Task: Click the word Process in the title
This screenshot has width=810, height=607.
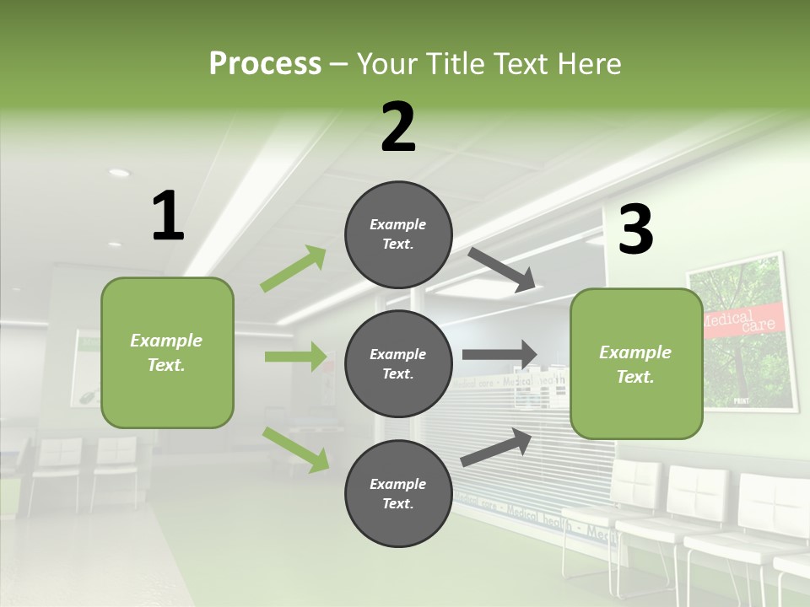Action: click(265, 63)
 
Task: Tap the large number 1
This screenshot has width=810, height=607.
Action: click(168, 217)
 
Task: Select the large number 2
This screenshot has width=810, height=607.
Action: click(398, 127)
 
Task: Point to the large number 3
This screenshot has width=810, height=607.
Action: click(636, 230)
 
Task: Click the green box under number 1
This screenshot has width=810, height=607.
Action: click(167, 352)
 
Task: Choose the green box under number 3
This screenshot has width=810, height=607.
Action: click(636, 363)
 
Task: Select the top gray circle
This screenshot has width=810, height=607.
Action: click(398, 234)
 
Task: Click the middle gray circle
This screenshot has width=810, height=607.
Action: click(398, 363)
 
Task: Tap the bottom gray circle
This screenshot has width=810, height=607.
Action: click(398, 493)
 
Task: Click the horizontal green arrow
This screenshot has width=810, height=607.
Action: click(295, 357)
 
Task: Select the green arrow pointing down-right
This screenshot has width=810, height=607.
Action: click(296, 449)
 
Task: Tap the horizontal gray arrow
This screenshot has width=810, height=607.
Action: click(499, 355)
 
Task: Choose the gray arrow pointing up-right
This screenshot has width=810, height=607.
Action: click(496, 447)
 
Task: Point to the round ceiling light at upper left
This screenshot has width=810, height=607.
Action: click(119, 173)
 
